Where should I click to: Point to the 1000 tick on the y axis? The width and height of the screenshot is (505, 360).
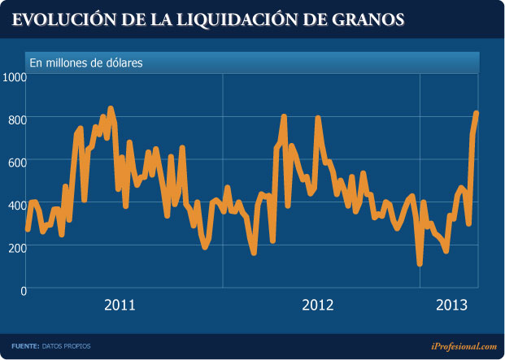[15, 76]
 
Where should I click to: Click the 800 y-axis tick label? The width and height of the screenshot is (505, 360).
[17, 119]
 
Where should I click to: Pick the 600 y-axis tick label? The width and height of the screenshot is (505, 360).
[17, 162]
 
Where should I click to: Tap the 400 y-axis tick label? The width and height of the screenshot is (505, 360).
[17, 205]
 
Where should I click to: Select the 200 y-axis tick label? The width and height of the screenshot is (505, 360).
[17, 247]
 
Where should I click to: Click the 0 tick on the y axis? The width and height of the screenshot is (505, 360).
[23, 290]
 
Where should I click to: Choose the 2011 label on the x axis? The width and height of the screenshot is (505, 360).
[120, 306]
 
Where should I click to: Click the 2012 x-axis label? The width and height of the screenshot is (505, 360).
[318, 306]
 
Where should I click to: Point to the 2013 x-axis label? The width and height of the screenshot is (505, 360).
[452, 306]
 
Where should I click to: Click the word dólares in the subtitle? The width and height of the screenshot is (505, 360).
[124, 62]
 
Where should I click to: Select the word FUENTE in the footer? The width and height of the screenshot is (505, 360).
[25, 346]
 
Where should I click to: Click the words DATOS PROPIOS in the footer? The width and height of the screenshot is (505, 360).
[67, 346]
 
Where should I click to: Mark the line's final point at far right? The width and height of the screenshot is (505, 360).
[477, 114]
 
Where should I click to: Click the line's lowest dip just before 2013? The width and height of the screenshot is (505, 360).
[420, 262]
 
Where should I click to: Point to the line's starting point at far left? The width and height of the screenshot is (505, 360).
[28, 229]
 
